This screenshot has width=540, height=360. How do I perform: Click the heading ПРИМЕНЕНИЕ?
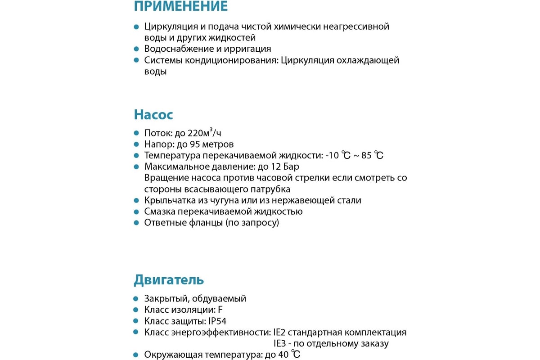pos(180,6)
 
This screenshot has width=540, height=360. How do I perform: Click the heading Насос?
pos(153,115)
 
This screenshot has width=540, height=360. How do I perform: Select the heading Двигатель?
pos(169,280)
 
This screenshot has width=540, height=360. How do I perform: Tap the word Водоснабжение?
pos(177,49)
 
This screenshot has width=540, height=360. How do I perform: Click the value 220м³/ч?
pos(203,133)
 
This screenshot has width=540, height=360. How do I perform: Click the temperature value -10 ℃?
pos(337,156)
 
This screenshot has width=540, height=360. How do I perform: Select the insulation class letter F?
pos(220,310)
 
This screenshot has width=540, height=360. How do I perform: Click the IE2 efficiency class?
pos(279,333)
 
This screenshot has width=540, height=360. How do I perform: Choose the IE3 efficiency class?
pos(279,344)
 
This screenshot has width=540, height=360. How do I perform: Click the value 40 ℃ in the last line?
pos(289,355)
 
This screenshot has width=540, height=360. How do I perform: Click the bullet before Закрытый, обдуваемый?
pos(136,299)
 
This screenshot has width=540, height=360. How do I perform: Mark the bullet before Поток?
pos(136,133)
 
